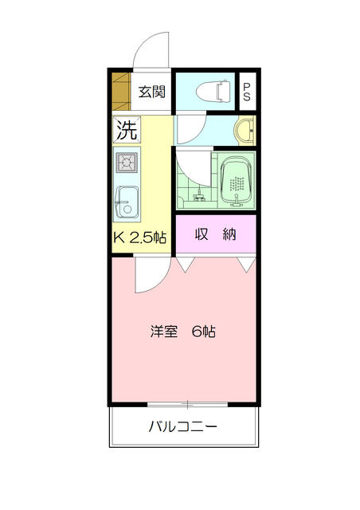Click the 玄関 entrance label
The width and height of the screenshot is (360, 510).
pyautogui.click(x=152, y=92)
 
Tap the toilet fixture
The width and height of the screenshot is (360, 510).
pyautogui.click(x=213, y=90)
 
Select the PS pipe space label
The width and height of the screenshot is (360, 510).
pyautogui.click(x=247, y=92)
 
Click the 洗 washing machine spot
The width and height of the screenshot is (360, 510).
pyautogui.click(x=127, y=129)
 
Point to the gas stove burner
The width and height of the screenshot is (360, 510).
pyautogui.click(x=127, y=162)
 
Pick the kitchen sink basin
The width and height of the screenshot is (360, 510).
pyautogui.click(x=127, y=202)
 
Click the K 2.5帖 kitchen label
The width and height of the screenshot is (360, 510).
pyautogui.click(x=140, y=237)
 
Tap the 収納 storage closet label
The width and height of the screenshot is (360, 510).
pyautogui.click(x=215, y=234)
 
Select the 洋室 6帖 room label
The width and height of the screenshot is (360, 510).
pyautogui.click(x=182, y=331)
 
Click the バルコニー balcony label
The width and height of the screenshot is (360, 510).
pyautogui.click(x=182, y=426)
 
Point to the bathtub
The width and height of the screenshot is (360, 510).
pyautogui.click(x=237, y=182)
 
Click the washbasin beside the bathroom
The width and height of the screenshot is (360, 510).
pyautogui.click(x=245, y=131)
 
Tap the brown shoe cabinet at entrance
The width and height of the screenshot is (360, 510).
pyautogui.click(x=121, y=92)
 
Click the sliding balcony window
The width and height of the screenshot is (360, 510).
pyautogui.click(x=187, y=405)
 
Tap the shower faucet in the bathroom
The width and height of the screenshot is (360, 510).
pyautogui.click(x=198, y=196)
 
